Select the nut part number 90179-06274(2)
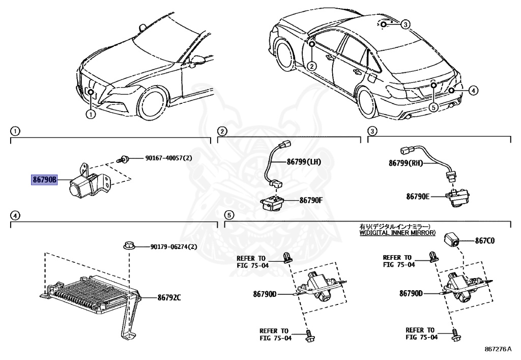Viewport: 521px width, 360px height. click(x=173, y=247)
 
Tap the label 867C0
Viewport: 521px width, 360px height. click(x=485, y=241)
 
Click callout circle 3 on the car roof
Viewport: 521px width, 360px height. click(x=405, y=24)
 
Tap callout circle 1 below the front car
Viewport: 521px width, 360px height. click(x=91, y=114)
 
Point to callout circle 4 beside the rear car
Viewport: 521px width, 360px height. click(x=473, y=91)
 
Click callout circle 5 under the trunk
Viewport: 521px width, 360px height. click(x=433, y=107)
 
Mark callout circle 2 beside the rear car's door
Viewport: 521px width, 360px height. click(x=311, y=66)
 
